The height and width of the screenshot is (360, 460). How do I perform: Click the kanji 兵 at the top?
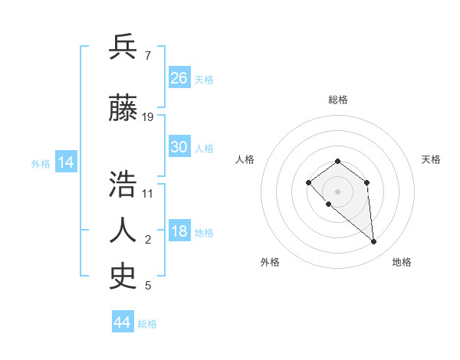pyautogui.click(x=123, y=47)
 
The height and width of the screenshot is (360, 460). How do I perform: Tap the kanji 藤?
pyautogui.click(x=123, y=110)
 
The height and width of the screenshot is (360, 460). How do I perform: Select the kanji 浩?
pyautogui.click(x=123, y=185)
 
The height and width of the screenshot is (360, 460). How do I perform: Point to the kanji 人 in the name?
pyautogui.click(x=123, y=231)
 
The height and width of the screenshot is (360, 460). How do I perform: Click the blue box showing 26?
pyautogui.click(x=179, y=77)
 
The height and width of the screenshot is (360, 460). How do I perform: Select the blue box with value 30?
pyautogui.click(x=179, y=147)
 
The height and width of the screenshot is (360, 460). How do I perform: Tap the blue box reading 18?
pyautogui.click(x=179, y=232)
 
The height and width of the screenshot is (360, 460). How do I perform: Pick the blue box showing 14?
pyautogui.click(x=65, y=162)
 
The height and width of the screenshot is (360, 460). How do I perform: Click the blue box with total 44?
pyautogui.click(x=123, y=322)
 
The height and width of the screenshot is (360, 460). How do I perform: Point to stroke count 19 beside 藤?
pyautogui.click(x=148, y=117)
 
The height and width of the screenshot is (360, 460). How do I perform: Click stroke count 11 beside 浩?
pyautogui.click(x=148, y=193)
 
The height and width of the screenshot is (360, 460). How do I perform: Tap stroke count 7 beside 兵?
pyautogui.click(x=147, y=55)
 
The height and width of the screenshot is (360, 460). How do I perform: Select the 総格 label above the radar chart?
pyautogui.click(x=337, y=100)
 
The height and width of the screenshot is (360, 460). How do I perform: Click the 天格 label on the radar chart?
pyautogui.click(x=431, y=159)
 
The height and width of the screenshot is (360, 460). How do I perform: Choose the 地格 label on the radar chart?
pyautogui.click(x=402, y=262)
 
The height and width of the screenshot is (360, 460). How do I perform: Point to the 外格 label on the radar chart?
pyautogui.click(x=270, y=262)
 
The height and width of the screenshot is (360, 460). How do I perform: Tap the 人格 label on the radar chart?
pyautogui.click(x=245, y=159)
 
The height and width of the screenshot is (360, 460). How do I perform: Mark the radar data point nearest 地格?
pyautogui.click(x=374, y=242)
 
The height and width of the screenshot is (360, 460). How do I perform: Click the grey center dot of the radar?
pyautogui.click(x=337, y=191)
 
